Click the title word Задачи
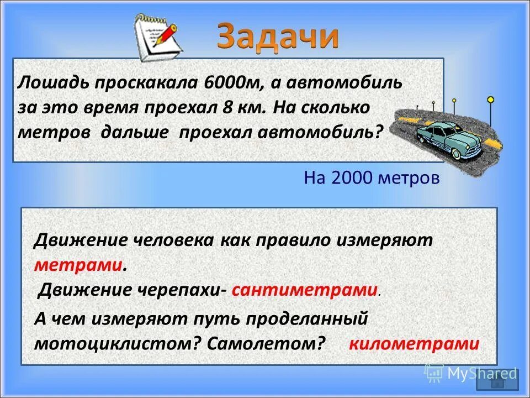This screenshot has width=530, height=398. pos(278,36)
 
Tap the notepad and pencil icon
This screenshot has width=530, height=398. pos(158,38)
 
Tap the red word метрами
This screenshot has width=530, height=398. pos(78,264)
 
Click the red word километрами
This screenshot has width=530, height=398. pos(414,343)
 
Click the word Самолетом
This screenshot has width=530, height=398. pos(267,343)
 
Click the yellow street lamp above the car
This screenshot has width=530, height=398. pos(490,100)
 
